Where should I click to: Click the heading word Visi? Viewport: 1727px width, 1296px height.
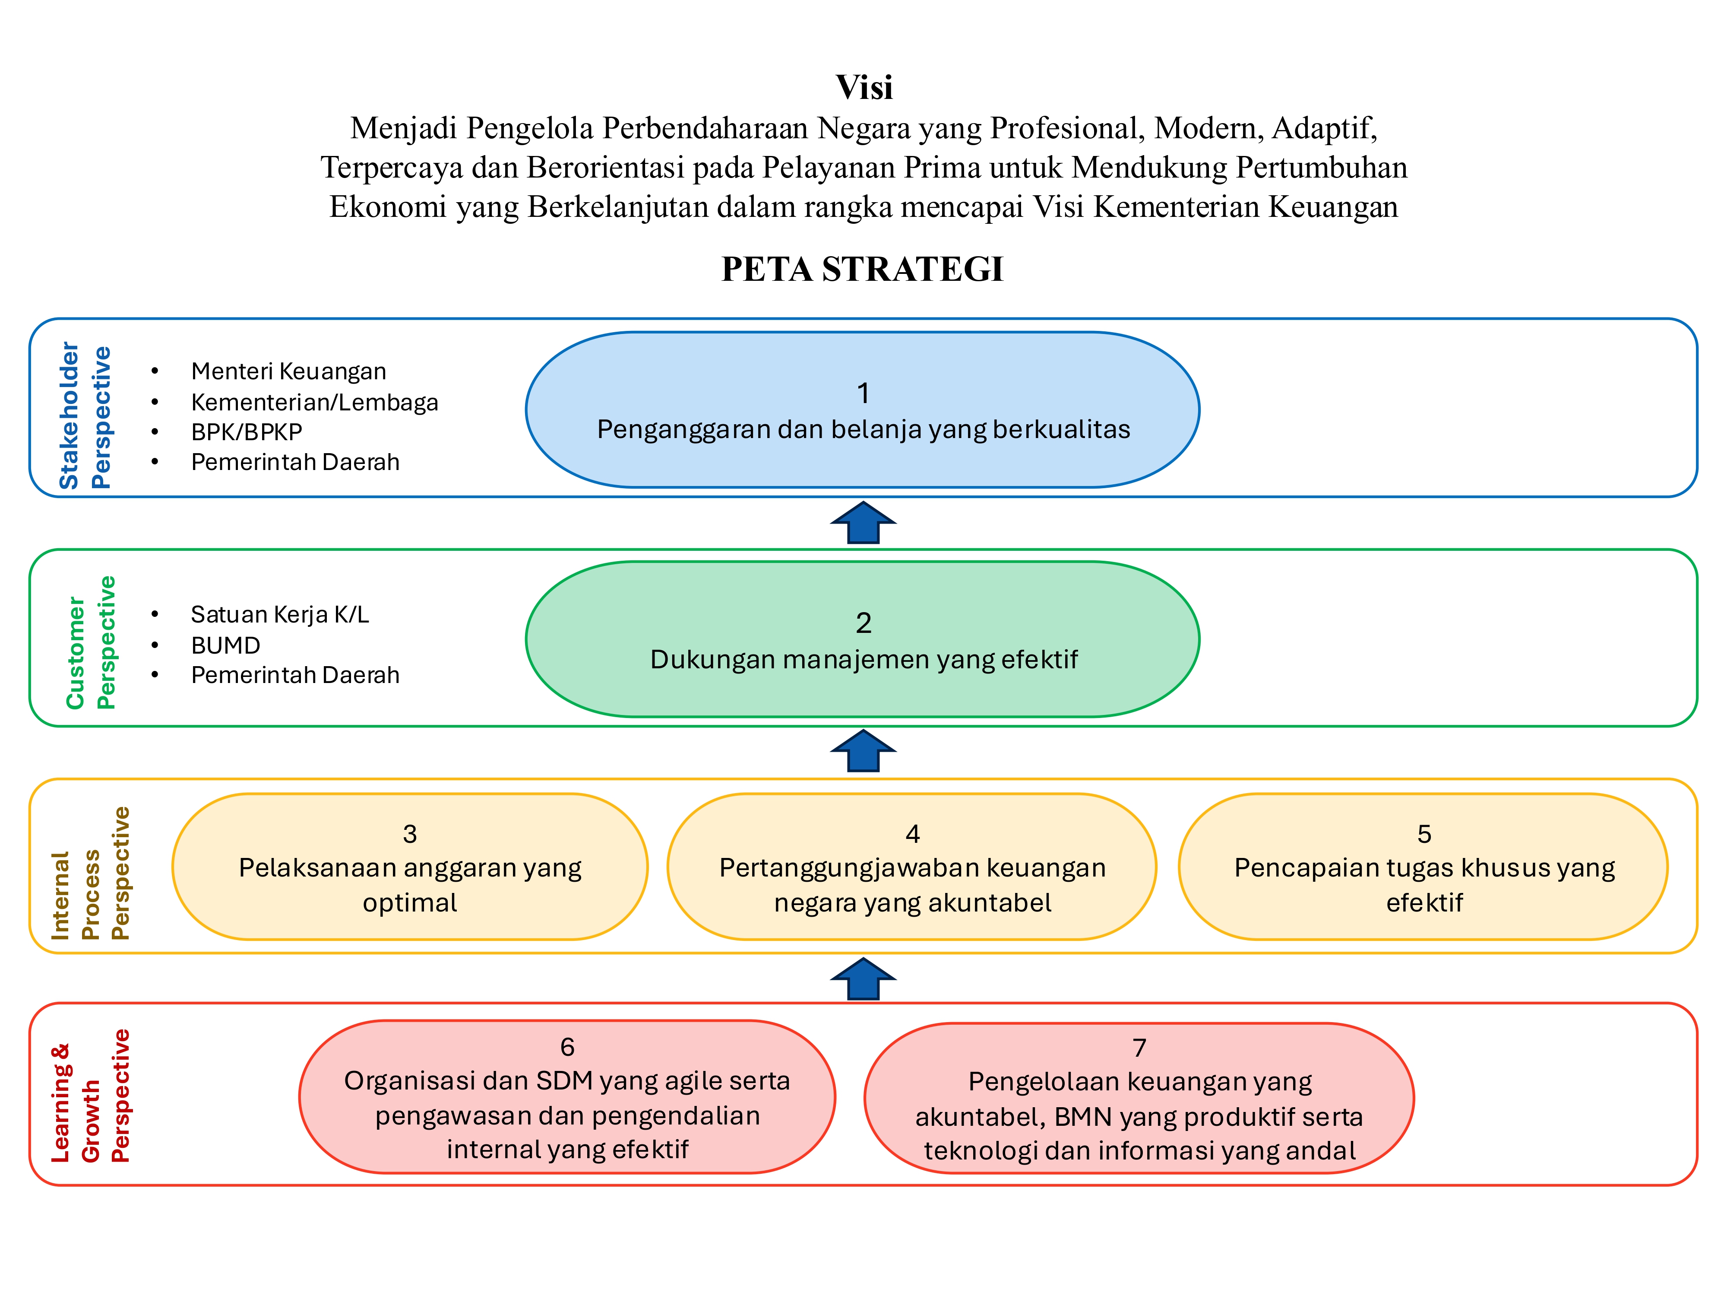click(863, 87)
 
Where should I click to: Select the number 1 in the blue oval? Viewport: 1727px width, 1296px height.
click(863, 393)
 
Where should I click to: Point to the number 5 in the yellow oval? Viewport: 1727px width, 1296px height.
click(1424, 833)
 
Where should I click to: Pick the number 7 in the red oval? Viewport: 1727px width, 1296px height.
click(1139, 1048)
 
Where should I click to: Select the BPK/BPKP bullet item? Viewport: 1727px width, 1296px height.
click(246, 432)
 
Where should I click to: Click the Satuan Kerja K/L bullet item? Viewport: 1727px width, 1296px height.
click(279, 615)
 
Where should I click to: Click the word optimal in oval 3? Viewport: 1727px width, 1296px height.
click(409, 903)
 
